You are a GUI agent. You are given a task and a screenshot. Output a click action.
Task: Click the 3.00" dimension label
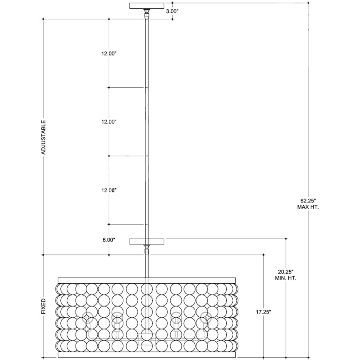tap(172, 12)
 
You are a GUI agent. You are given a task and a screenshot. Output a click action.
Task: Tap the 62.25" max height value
tap(308, 201)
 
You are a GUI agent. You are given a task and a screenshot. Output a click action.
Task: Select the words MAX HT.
tap(308, 207)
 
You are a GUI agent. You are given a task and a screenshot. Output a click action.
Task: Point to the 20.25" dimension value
tap(286, 272)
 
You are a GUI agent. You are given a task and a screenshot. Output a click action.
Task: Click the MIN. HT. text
tap(286, 278)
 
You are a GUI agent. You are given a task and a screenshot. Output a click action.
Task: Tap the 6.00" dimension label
tap(109, 240)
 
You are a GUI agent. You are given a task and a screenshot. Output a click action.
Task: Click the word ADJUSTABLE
tap(43, 137)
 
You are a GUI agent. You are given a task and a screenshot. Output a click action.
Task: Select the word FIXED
tap(43, 306)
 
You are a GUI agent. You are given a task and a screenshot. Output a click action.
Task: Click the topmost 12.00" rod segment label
tap(109, 54)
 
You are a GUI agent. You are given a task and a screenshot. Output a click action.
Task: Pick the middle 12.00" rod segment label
tap(109, 122)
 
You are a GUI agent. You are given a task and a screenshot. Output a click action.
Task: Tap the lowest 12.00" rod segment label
tap(109, 190)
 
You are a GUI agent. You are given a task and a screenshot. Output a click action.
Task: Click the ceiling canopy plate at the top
tap(147, 6)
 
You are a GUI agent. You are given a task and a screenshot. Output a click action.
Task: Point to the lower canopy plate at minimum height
tap(147, 242)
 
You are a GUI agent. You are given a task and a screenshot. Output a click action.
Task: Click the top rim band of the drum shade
tap(147, 280)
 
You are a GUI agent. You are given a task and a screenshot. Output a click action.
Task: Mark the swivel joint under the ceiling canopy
tap(146, 14)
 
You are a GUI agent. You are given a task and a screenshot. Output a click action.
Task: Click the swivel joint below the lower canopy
tap(146, 250)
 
